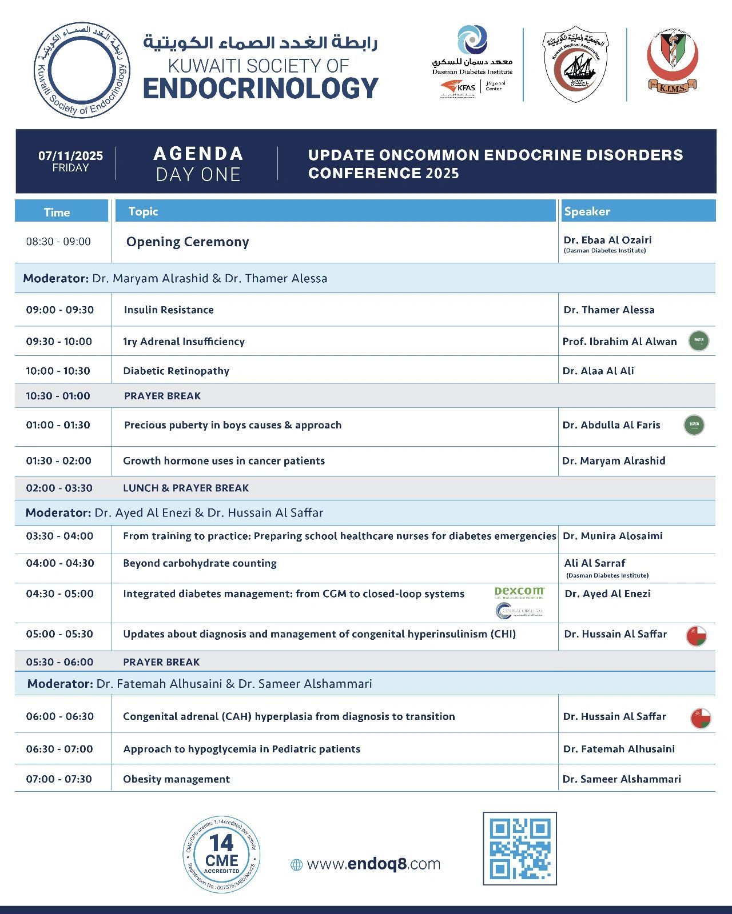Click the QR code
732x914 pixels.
point(519,848)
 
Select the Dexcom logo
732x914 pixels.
point(519,592)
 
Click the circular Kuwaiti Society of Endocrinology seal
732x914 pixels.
point(82,71)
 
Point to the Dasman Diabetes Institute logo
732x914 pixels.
point(472,51)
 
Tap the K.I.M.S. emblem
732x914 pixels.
point(673,62)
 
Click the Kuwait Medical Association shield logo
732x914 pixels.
point(576,65)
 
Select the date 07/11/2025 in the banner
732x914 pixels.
point(71,156)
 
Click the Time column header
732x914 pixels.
point(57,212)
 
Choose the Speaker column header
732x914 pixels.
point(587,211)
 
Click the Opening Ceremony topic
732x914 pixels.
point(188,242)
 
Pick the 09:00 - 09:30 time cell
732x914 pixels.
point(59,310)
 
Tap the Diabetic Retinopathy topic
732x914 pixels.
point(176,371)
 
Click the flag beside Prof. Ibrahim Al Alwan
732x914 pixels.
point(698,341)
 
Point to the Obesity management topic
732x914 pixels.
point(176,779)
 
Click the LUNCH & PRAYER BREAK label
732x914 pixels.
point(186,488)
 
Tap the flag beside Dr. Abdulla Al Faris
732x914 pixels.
point(694,425)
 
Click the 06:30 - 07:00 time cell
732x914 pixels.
point(59,749)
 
